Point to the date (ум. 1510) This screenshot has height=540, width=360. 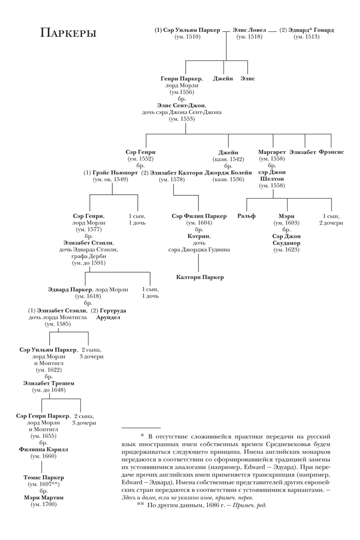pyautogui.click(x=187, y=37)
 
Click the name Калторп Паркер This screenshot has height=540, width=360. pyautogui.click(x=200, y=277)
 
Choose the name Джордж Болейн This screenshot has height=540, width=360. pyautogui.click(x=228, y=173)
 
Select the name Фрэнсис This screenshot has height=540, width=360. pyautogui.click(x=331, y=152)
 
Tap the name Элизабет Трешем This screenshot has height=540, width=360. pyautogui.click(x=49, y=383)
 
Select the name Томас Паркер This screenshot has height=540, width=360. pyautogui.click(x=44, y=478)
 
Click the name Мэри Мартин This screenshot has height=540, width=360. pyautogui.click(x=43, y=497)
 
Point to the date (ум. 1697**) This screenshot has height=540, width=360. pyautogui.click(x=44, y=484)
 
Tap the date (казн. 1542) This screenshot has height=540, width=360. pyautogui.click(x=228, y=159)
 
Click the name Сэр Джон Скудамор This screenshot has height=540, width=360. pyautogui.click(x=286, y=240)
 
